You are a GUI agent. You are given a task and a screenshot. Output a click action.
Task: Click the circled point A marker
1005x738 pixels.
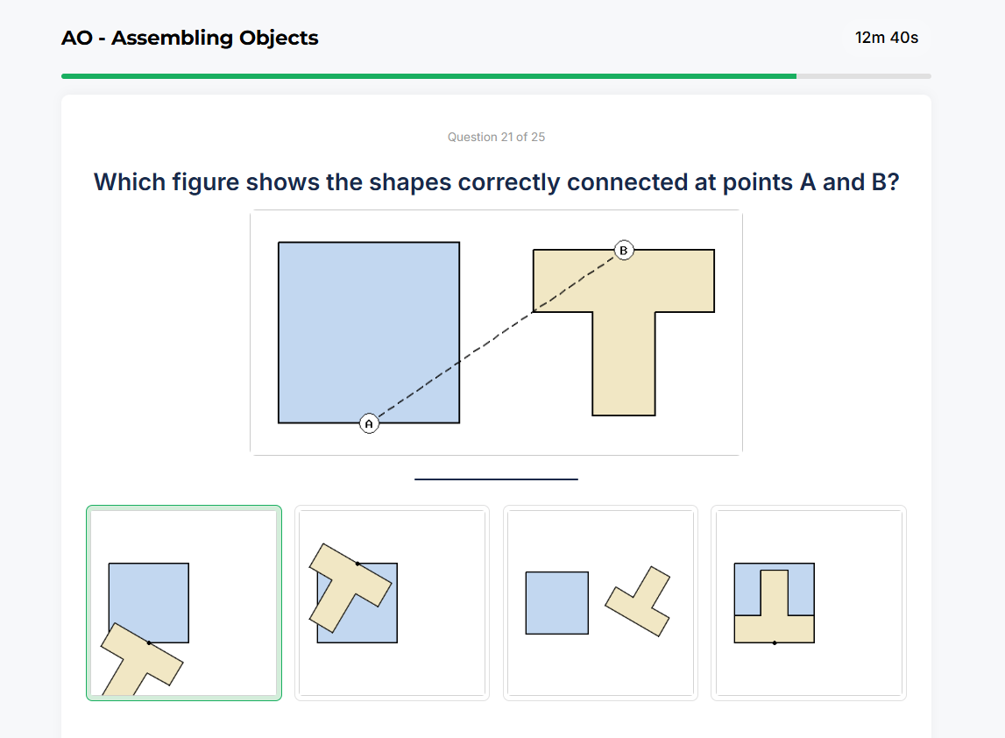pos(369,423)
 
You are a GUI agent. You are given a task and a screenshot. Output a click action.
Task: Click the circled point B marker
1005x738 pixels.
pos(623,251)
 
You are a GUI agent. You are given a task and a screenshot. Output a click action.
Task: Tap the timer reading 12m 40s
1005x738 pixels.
pos(886,38)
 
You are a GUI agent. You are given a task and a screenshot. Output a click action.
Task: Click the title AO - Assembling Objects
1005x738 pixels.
pos(190,39)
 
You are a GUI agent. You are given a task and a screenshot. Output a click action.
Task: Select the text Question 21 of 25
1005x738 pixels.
pos(496,137)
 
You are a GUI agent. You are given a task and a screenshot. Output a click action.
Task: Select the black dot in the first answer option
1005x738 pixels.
pos(149,642)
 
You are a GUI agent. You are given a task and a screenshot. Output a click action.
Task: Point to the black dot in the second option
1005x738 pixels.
pos(357,563)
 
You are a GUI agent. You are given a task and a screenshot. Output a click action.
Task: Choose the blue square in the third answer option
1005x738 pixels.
pos(556,603)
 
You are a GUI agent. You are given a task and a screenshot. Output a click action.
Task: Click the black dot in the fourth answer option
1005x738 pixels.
pos(775,642)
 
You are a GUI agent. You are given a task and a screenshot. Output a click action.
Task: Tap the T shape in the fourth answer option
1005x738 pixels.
pos(775,614)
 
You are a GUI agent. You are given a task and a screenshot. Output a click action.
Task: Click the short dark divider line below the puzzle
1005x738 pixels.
pos(496,479)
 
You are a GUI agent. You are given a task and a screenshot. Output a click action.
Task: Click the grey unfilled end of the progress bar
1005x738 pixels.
pos(863,76)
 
